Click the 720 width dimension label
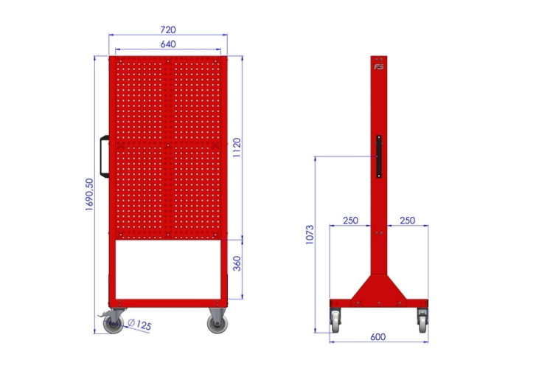point(168,30)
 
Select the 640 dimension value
point(168,44)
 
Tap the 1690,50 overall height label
point(89,195)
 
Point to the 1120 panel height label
point(237,148)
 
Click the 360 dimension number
point(237,263)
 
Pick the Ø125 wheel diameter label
point(139,325)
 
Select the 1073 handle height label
point(309,235)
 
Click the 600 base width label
point(378,336)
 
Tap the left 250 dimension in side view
point(350,221)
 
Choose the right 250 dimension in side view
point(407,221)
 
